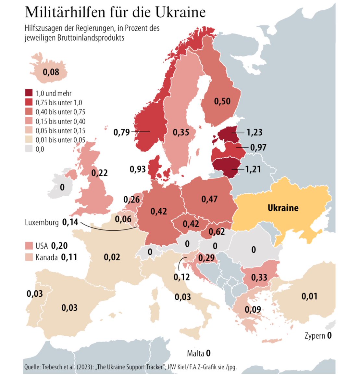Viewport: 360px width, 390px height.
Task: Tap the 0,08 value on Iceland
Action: tap(51, 72)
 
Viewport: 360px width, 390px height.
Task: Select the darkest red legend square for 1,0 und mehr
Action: tap(29, 93)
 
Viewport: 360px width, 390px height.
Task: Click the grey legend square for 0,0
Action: tap(29, 149)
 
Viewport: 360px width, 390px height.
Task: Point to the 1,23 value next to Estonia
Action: tap(254, 132)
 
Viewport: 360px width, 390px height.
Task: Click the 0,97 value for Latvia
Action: tap(258, 147)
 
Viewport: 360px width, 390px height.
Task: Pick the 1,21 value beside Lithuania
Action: tap(253, 169)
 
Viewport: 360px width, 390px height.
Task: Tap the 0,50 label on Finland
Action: tap(222, 101)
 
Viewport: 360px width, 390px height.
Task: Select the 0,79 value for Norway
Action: tap(122, 132)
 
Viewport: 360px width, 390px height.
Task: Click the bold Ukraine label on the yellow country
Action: tap(283, 208)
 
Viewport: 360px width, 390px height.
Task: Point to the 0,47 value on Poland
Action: tap(209, 199)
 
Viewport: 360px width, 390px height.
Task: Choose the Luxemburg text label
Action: tap(42, 222)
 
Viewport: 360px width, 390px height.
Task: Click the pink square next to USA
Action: tap(29, 245)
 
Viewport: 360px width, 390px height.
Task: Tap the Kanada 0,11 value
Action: tap(69, 257)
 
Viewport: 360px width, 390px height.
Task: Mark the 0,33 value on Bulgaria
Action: tap(259, 277)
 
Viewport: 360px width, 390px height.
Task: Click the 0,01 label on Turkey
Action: tap(309, 296)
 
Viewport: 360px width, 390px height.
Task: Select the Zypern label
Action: tap(315, 336)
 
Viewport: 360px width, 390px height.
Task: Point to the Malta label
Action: tap(195, 353)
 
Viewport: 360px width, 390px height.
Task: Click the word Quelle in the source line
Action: tap(32, 367)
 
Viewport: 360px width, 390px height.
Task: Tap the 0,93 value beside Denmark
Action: tap(138, 169)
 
